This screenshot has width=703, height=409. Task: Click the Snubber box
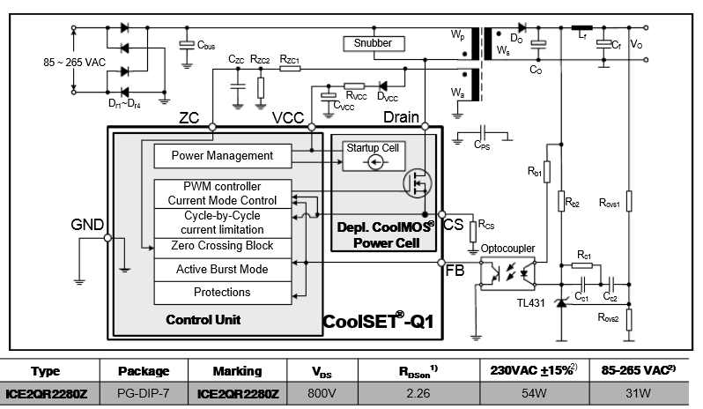[373, 43]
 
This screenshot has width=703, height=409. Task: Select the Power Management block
[222, 156]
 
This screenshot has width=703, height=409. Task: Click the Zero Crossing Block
[222, 246]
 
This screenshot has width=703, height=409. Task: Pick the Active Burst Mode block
[222, 270]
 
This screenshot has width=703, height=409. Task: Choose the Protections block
[222, 293]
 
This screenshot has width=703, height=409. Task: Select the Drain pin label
[403, 117]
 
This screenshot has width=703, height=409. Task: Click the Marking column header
[238, 371]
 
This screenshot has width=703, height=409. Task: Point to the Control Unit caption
[203, 319]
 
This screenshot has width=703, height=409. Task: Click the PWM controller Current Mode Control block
[222, 193]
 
